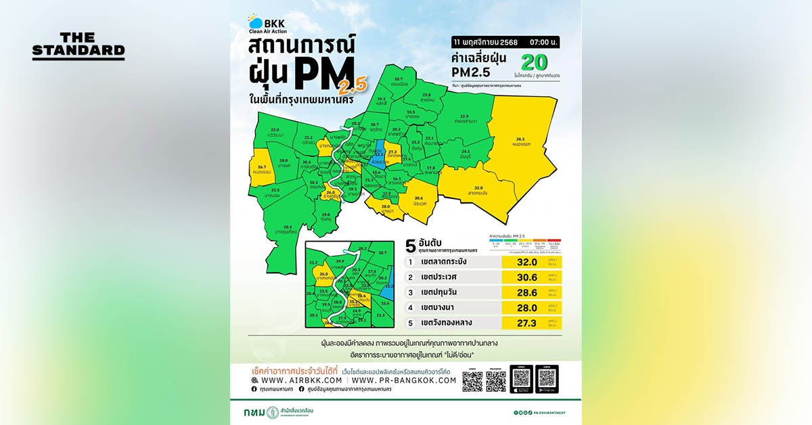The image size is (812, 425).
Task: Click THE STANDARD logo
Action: point(78,45)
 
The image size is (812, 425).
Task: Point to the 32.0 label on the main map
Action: point(478,189)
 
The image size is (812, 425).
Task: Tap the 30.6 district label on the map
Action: point(419,201)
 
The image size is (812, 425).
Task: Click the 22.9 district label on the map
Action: point(464,118)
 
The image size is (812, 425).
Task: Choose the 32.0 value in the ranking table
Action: point(526,262)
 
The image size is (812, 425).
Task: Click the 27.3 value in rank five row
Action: point(526,322)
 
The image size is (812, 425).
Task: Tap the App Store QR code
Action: point(520,378)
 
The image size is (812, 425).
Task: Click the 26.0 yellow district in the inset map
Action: point(323,275)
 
